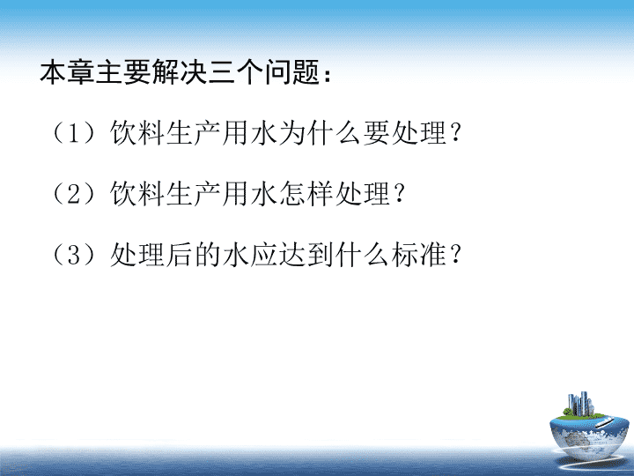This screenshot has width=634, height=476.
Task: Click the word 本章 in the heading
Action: point(68,72)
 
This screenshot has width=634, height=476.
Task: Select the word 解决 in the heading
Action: point(180,72)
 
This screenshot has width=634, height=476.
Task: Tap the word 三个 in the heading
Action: point(236,72)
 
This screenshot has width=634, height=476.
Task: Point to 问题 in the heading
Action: point(292,72)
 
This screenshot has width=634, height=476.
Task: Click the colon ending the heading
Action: point(327,75)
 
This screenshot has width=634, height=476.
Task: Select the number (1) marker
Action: point(72,133)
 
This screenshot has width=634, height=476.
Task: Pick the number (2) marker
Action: point(72,193)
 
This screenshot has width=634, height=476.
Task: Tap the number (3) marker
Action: point(72,254)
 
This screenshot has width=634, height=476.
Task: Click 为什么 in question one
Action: point(321,133)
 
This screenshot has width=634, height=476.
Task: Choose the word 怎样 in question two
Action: point(306,193)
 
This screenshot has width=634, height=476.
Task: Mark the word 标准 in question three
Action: point(419,254)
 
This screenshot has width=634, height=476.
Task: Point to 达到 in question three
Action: point(306,254)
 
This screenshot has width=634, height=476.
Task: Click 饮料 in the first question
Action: point(137,133)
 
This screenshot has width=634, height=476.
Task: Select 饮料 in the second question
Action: point(137,193)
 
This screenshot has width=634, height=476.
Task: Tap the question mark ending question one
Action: point(455,133)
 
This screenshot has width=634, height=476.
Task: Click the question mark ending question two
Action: point(399,193)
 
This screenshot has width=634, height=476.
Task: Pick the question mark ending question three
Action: point(455,254)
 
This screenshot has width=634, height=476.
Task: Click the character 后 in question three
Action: point(180,254)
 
